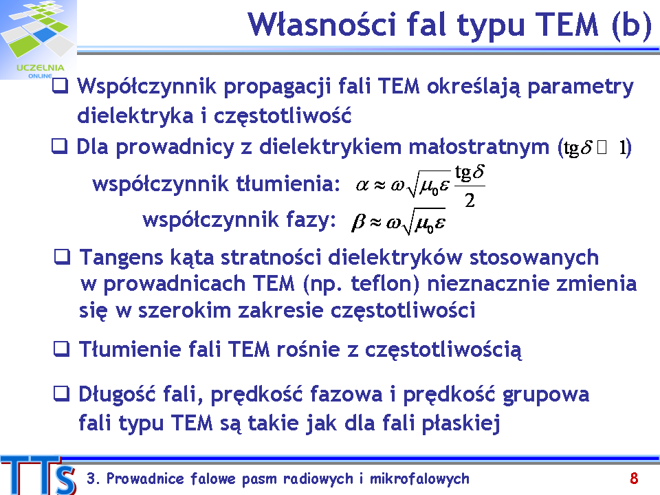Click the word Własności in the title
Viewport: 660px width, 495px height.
(322, 25)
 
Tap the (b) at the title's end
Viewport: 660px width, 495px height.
(632, 25)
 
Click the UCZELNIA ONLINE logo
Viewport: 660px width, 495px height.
(38, 40)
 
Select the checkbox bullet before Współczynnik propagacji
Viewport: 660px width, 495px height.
(60, 86)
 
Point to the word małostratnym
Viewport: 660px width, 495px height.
(479, 147)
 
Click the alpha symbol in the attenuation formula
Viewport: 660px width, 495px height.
(362, 185)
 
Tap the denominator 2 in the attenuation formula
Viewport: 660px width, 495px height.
(470, 200)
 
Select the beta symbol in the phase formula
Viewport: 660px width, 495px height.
(357, 223)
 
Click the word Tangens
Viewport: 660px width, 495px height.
(121, 258)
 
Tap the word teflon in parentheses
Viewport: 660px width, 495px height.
(382, 284)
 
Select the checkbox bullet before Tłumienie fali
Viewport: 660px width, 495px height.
(61, 349)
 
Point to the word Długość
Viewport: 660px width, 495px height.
(117, 395)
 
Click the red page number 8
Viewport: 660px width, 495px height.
(634, 478)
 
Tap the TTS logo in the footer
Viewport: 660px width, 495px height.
(38, 475)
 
